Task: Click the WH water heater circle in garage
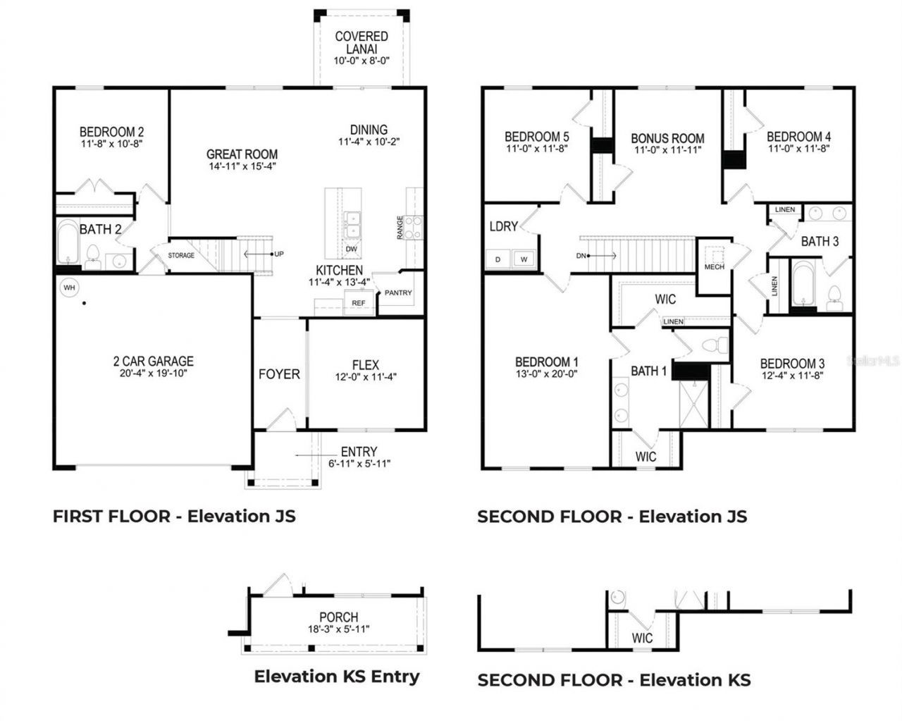pos(68,288)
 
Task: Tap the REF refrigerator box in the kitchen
pos(359,304)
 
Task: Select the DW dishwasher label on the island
pos(351,249)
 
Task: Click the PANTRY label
pos(398,292)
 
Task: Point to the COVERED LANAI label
pos(362,42)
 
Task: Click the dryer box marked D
pos(498,259)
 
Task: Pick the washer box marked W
pos(524,259)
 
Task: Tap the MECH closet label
pos(714,267)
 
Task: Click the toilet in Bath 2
pos(92,256)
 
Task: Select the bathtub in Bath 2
pos(68,242)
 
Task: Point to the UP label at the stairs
pos(279,254)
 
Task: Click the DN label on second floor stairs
pos(581,256)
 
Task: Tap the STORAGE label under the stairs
pos(181,255)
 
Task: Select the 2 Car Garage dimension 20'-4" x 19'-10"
pos(153,374)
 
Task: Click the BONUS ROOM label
pos(667,139)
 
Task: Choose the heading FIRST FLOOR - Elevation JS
pos(174,516)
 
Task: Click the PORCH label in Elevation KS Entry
pos(338,617)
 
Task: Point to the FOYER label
pos(279,374)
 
